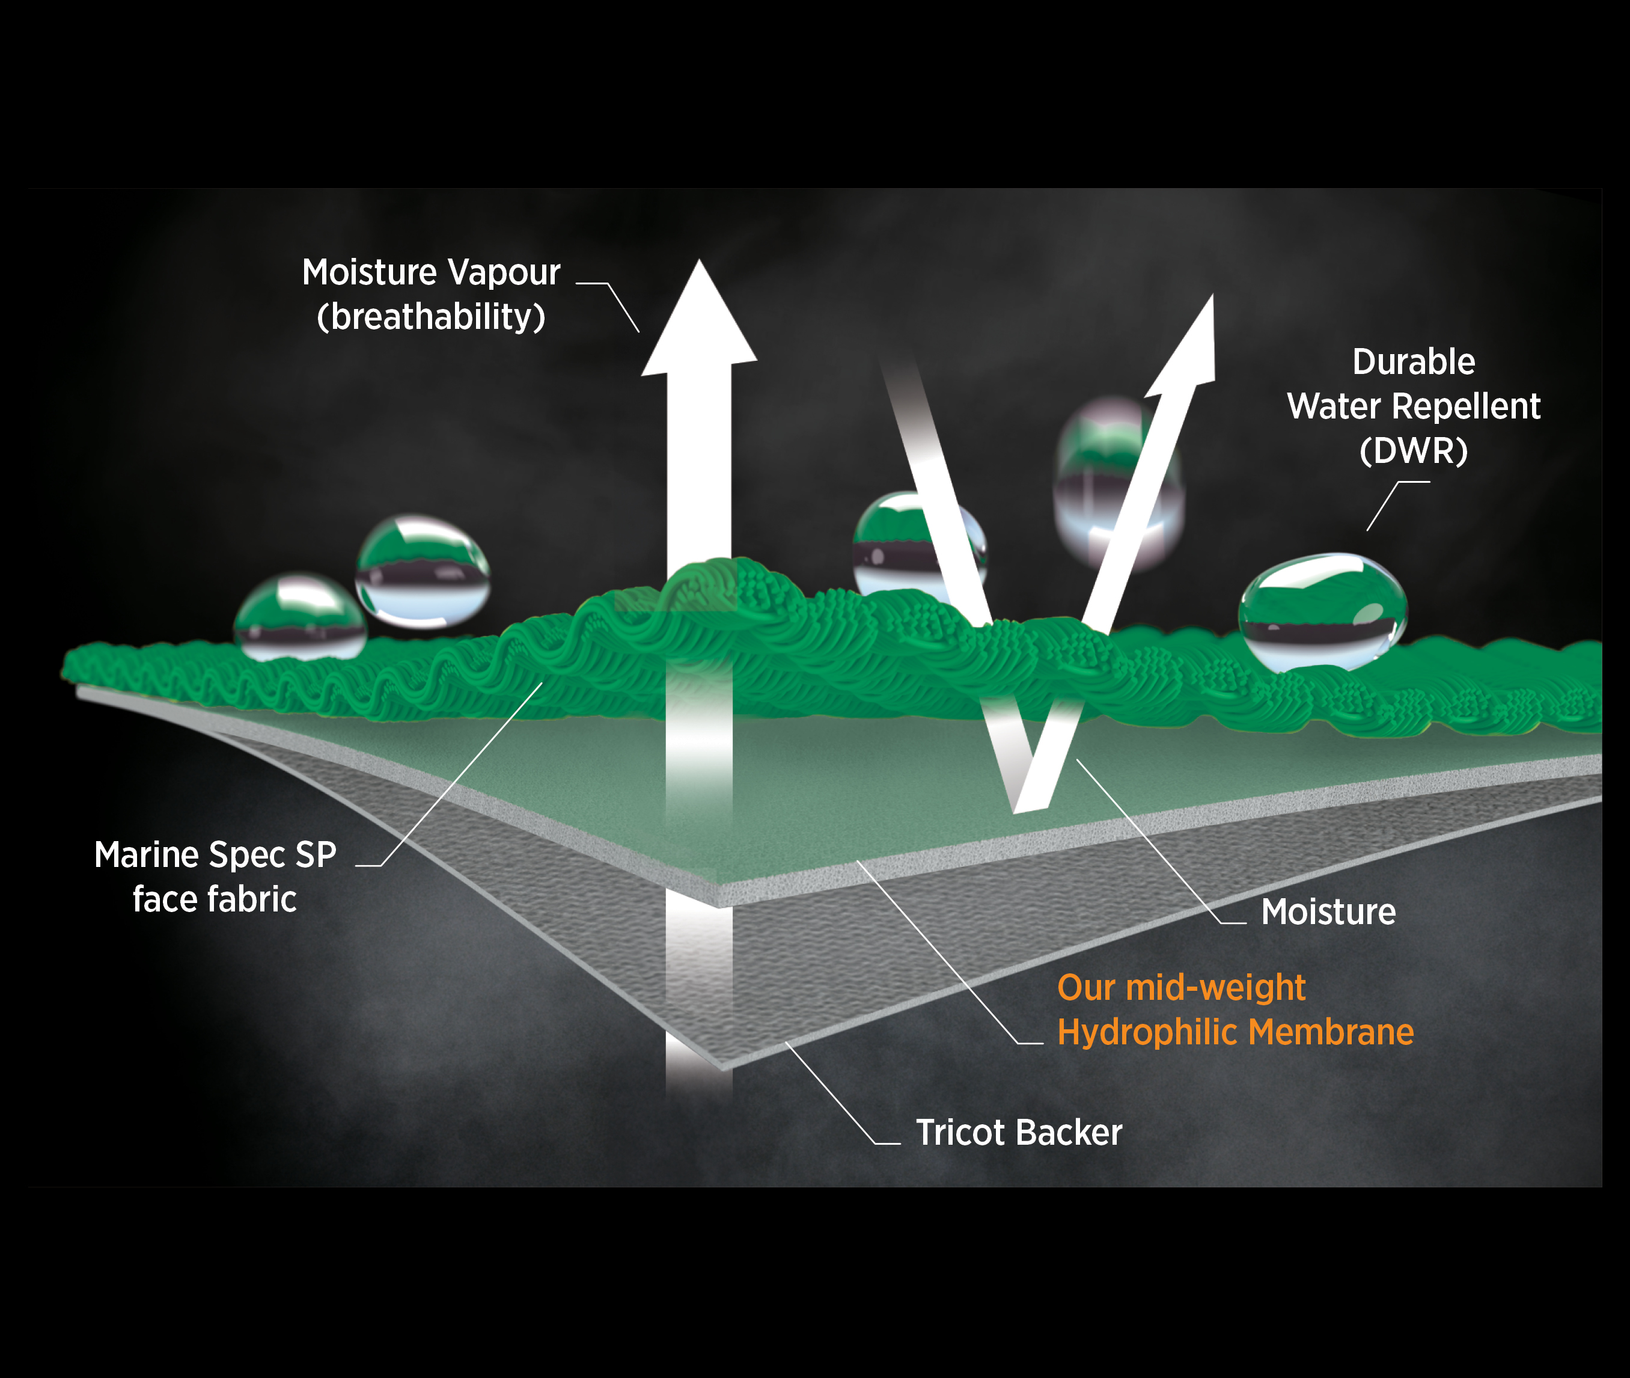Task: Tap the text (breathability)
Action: tap(431, 317)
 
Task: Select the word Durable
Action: tap(1414, 363)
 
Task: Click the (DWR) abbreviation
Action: tap(1414, 451)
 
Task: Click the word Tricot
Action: tap(960, 1133)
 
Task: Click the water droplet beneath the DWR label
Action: tap(1322, 611)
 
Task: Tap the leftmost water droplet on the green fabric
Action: tap(299, 617)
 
